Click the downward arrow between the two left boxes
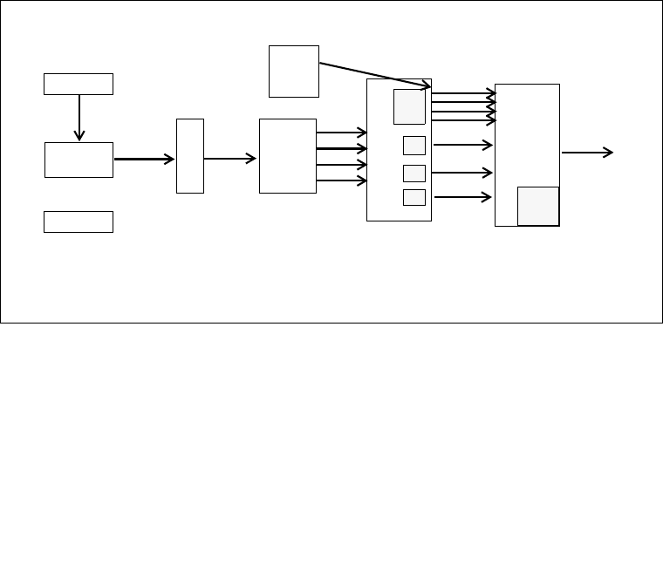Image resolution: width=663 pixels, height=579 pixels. (79, 117)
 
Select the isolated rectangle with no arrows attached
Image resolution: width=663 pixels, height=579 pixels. (79, 221)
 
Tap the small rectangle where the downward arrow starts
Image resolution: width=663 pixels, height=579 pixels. (79, 84)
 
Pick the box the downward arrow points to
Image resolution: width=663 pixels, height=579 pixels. (79, 160)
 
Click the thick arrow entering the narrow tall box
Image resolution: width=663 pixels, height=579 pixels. (144, 159)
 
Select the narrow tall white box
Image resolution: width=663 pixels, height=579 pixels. (190, 155)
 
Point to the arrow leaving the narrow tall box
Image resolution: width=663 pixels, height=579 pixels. (230, 159)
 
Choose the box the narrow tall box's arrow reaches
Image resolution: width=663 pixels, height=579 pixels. (287, 155)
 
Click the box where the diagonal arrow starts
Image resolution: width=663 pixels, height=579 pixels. (294, 72)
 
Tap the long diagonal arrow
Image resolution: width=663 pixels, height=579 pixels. (375, 75)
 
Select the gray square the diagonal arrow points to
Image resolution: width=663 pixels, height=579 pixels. (409, 106)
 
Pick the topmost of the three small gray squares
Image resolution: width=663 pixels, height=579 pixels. (414, 145)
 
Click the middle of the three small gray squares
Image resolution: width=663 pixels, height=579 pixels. (414, 173)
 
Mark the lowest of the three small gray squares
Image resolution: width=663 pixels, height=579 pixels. (414, 197)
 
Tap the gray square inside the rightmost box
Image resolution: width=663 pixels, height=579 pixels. (538, 206)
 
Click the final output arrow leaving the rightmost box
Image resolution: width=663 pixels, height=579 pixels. (587, 153)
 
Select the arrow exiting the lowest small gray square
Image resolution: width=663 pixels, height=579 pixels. (463, 197)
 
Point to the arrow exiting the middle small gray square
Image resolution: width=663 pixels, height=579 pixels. (463, 172)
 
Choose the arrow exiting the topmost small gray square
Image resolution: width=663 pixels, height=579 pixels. (463, 144)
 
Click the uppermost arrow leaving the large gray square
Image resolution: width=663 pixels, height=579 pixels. (463, 92)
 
